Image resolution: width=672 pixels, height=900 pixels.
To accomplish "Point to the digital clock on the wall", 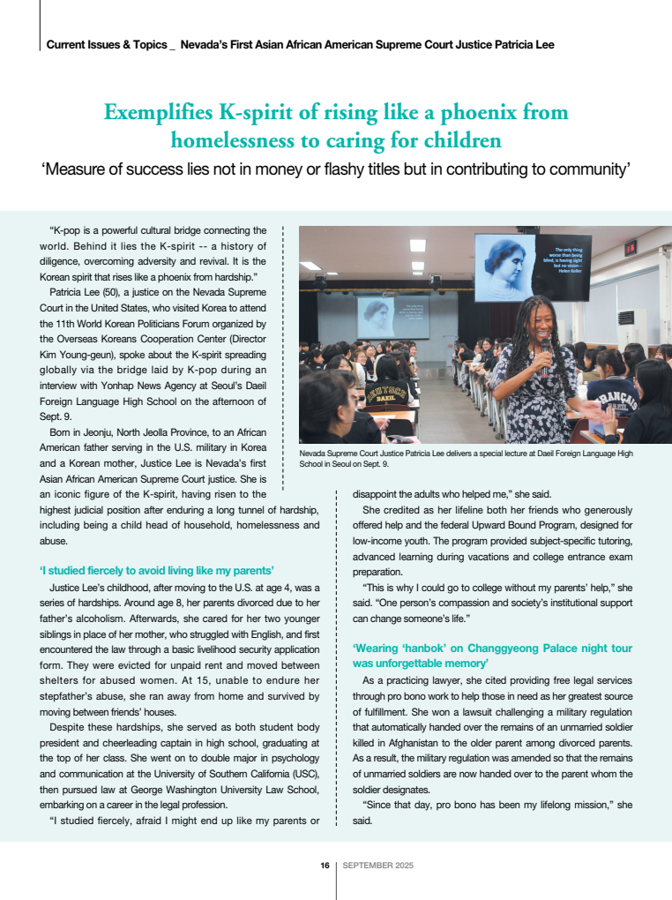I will [631, 249].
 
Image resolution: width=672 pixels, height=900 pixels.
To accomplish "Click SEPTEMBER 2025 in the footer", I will [378, 866].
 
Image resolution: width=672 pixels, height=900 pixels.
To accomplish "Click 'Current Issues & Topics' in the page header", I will [106, 44].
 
